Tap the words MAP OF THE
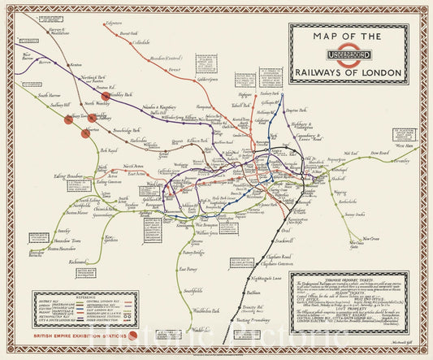347,37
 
